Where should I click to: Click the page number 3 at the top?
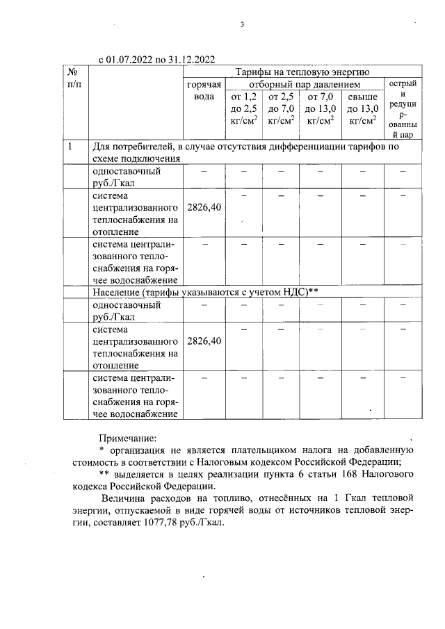[242, 25]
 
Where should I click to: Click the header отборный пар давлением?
[303, 83]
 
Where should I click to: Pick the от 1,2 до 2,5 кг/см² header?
[243, 108]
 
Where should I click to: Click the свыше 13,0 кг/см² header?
[362, 108]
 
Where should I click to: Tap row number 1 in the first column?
[71, 147]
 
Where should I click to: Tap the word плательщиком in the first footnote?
[259, 450]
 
